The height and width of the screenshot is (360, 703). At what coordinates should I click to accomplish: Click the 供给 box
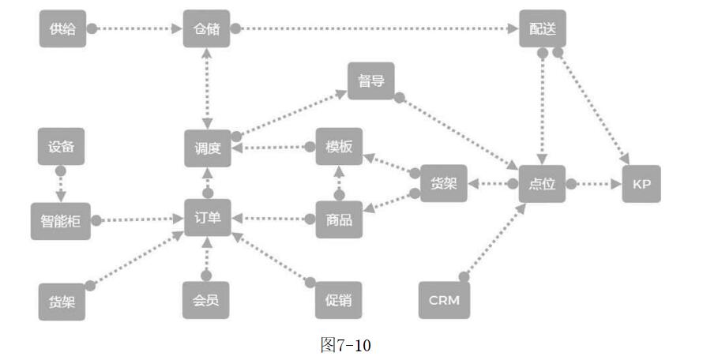pos(62,29)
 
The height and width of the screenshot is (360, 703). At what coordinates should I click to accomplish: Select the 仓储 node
pos(206,29)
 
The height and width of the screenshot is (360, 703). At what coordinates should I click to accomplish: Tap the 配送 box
pos(543,29)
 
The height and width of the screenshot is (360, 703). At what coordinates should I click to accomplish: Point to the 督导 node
pos(370,81)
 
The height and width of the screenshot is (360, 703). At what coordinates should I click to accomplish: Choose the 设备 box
pos(61,147)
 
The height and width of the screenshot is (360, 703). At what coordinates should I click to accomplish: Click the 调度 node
pos(207,148)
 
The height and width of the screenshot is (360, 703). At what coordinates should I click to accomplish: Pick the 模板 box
pos(339,147)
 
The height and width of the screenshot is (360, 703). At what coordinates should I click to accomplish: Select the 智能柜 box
pos(61,220)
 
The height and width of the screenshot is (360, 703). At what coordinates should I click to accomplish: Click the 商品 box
pos(339,219)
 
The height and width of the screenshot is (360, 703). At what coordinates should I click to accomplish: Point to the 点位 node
pos(542,184)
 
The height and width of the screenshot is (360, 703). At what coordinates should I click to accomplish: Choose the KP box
pos(641,184)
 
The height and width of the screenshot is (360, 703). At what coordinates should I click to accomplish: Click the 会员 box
pos(206,299)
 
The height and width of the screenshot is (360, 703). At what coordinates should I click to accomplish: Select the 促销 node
pos(339,299)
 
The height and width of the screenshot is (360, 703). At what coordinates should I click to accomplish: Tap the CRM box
pos(444,300)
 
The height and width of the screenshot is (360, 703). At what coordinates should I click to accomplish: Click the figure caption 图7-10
pos(345,345)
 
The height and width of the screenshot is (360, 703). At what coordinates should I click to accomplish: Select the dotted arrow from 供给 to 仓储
pos(134,29)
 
